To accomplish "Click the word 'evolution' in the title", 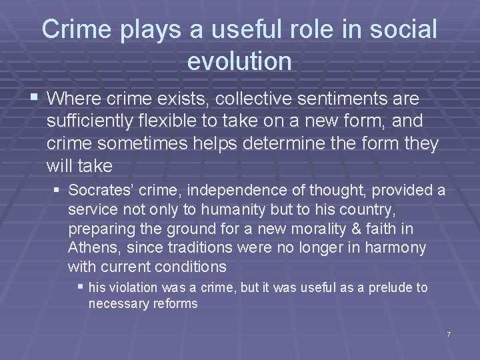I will tap(239, 61).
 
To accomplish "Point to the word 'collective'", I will tap(246, 99).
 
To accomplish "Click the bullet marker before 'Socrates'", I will tap(58, 189).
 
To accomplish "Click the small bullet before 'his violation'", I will tap(81, 287).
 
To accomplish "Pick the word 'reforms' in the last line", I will tap(175, 303).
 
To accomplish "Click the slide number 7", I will tap(449, 333).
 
